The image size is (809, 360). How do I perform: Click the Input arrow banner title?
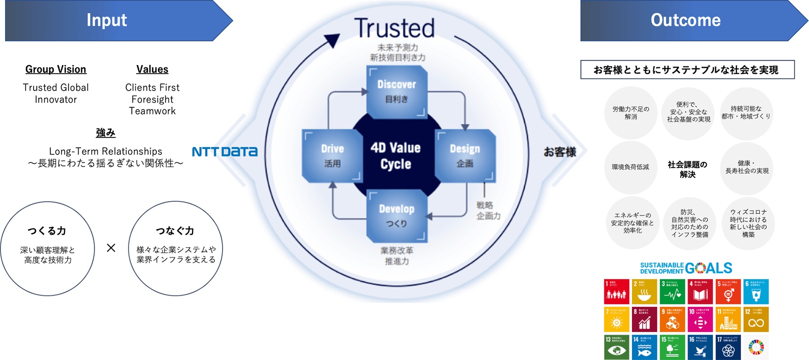click(107, 20)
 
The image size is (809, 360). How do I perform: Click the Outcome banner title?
click(685, 20)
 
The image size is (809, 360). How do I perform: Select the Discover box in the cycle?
click(396, 91)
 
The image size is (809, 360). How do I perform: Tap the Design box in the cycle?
click(465, 156)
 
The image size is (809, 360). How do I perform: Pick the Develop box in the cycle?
click(396, 216)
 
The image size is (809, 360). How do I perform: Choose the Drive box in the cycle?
click(333, 156)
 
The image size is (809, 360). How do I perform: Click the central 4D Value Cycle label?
click(396, 156)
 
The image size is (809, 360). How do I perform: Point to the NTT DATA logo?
click(225, 152)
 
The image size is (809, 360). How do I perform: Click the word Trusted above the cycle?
click(394, 28)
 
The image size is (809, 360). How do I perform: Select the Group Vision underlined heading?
click(56, 69)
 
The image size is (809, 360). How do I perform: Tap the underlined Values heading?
click(152, 69)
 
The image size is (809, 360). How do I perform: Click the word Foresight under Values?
click(152, 99)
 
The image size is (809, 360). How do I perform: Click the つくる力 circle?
click(47, 249)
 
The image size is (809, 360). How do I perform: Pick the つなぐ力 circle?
click(176, 249)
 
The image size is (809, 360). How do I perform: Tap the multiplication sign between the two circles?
click(111, 248)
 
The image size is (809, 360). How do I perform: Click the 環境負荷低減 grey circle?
click(630, 167)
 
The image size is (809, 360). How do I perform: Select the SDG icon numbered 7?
click(617, 319)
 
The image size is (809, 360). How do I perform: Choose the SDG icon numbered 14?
click(644, 347)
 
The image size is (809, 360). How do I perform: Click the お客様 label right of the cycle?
click(560, 152)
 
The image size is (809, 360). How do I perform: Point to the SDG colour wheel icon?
click(756, 347)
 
